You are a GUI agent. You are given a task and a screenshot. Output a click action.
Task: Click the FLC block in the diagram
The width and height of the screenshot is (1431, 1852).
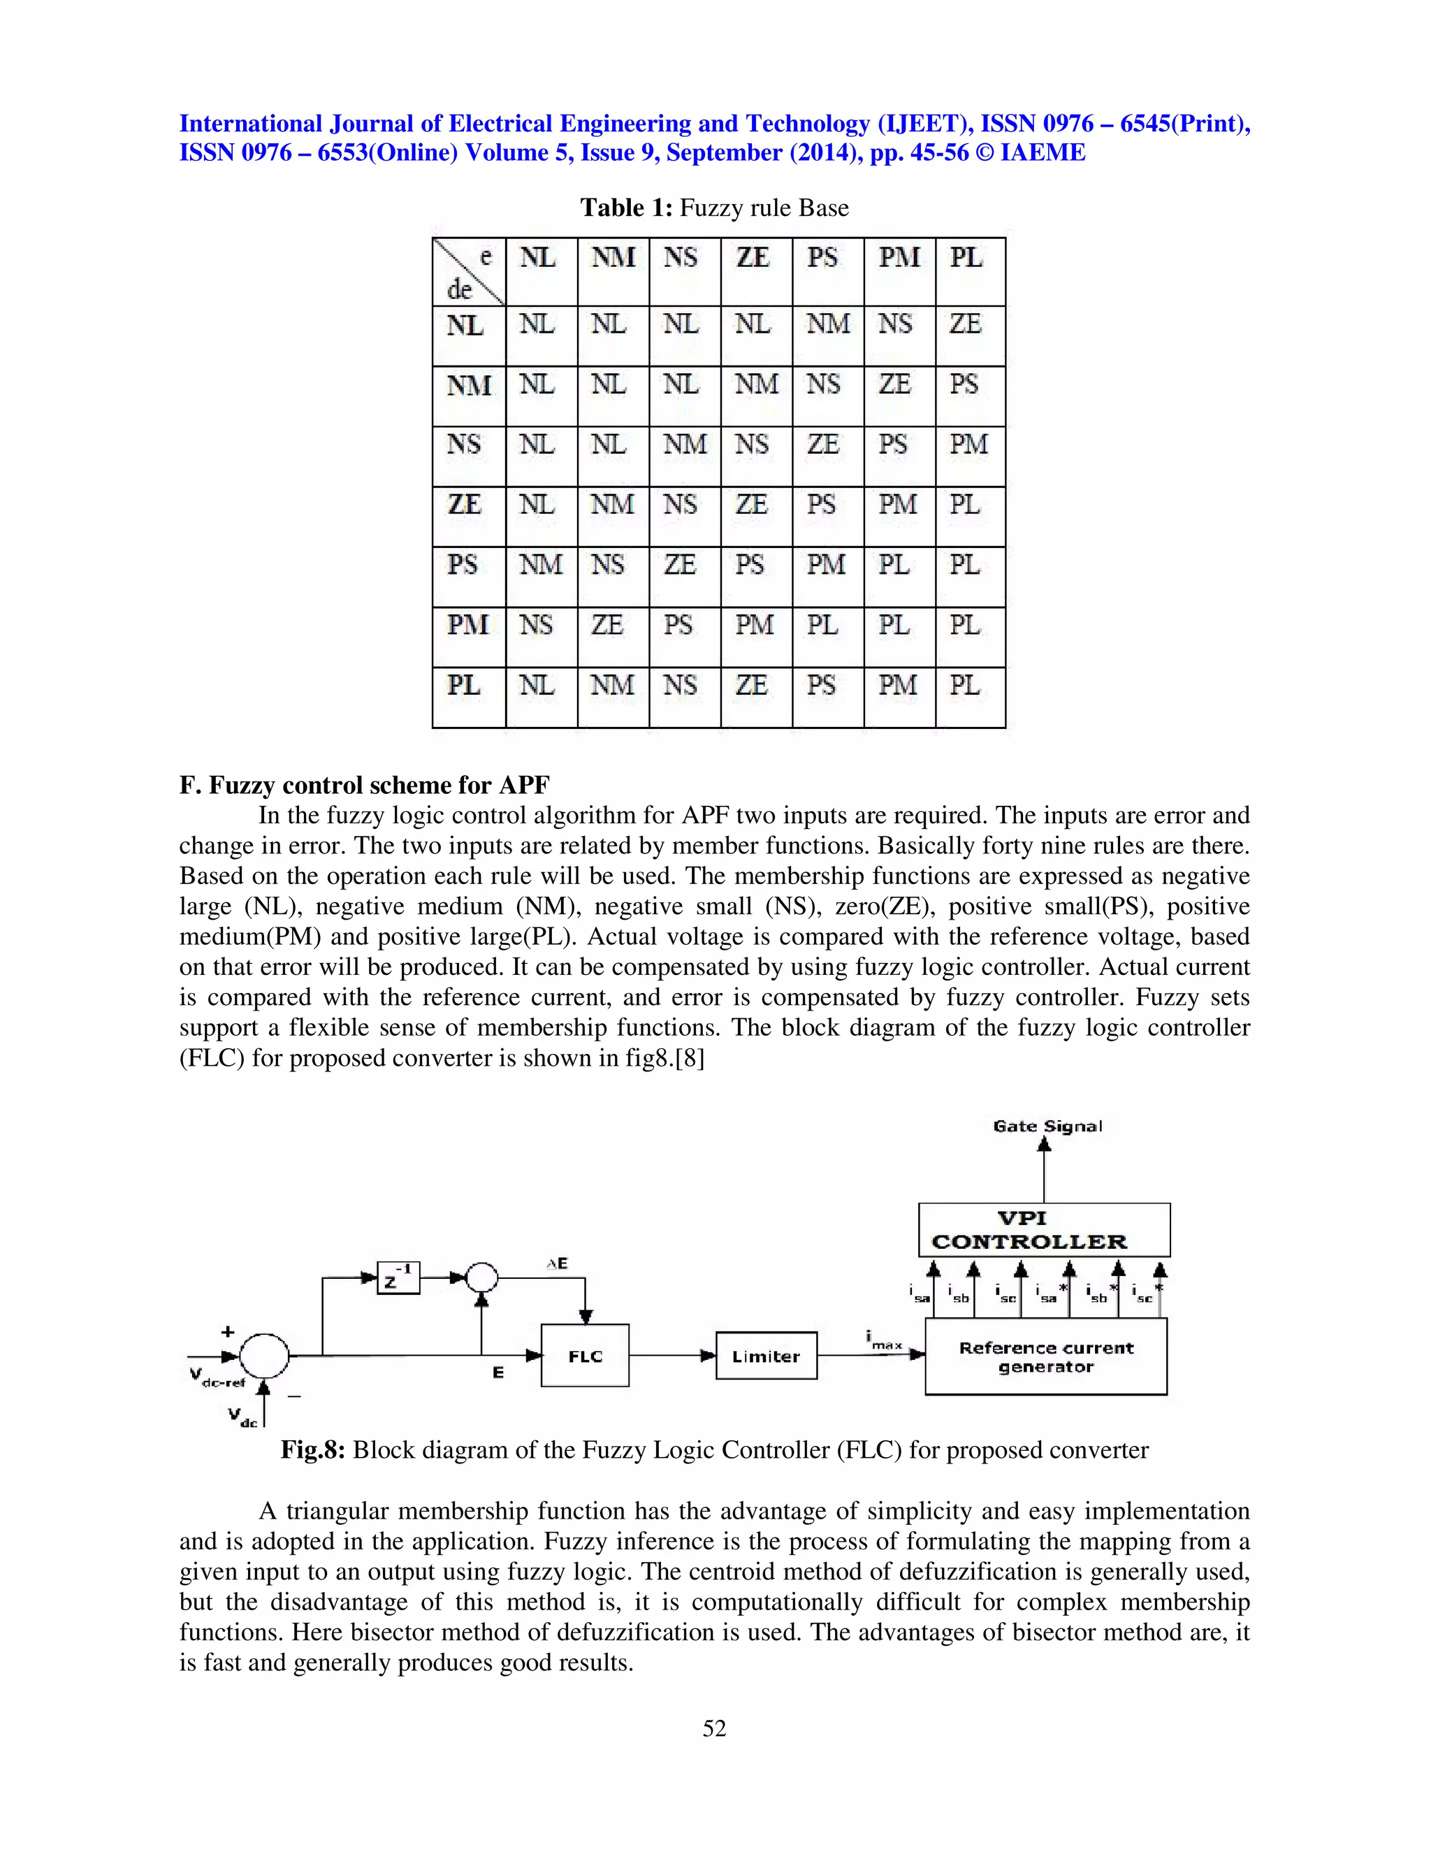(x=585, y=1355)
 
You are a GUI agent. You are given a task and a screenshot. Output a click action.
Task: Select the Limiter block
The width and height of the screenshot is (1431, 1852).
(x=766, y=1355)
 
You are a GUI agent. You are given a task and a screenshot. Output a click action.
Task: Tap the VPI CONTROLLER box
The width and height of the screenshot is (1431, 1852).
(x=1044, y=1229)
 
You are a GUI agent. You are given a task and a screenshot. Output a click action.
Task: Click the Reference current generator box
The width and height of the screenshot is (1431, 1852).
(x=1045, y=1357)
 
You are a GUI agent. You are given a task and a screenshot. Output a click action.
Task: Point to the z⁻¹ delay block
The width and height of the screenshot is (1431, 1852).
(x=398, y=1277)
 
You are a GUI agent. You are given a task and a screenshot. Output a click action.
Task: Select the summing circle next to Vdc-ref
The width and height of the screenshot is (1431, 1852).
(x=265, y=1355)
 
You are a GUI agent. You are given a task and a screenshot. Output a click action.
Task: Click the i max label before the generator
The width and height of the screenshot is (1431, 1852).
(x=884, y=1340)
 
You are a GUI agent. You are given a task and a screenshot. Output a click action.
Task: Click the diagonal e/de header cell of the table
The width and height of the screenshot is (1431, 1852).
(x=469, y=271)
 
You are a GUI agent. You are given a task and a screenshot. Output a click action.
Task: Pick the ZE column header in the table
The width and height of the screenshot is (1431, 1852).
(x=753, y=258)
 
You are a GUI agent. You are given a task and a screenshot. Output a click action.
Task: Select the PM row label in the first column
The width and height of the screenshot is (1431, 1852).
(x=468, y=625)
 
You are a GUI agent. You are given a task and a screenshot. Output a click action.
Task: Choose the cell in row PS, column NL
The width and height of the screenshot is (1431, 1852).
(x=541, y=565)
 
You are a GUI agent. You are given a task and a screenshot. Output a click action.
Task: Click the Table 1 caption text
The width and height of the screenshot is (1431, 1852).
(x=714, y=208)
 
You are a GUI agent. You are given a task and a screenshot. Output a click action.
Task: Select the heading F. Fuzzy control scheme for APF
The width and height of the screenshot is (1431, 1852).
(x=365, y=786)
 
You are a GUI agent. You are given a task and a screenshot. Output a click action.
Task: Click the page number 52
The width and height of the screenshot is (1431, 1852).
(x=714, y=1728)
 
